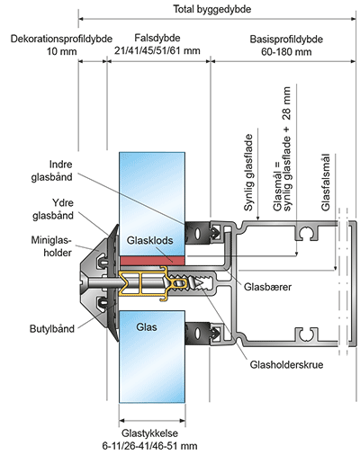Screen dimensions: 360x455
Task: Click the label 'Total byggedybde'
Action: coord(212,9)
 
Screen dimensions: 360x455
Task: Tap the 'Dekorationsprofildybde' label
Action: coord(61,39)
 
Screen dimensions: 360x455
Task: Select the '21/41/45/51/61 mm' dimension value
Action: coord(157,50)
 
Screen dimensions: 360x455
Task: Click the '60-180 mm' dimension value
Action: coord(286,51)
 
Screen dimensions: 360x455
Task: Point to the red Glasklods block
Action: coord(152,261)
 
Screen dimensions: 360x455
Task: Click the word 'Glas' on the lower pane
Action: coord(147,327)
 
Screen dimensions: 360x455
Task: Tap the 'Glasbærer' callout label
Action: coord(267,287)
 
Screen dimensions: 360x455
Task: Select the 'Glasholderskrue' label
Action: coord(286,365)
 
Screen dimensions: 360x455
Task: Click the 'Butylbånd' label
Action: coord(52,329)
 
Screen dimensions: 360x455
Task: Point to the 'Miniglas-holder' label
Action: coord(51,246)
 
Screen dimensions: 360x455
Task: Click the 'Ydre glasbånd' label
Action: coord(53,210)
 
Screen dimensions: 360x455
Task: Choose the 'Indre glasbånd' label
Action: coord(52,171)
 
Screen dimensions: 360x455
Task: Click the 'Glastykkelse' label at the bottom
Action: coord(149,433)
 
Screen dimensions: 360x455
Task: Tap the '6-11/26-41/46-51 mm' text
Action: coord(149,446)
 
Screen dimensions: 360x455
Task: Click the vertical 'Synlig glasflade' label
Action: coord(248,173)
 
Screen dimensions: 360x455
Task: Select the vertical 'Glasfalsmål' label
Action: coord(326,183)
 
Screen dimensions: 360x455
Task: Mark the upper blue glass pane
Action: coord(152,204)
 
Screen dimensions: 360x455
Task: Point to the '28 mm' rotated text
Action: coord(287,103)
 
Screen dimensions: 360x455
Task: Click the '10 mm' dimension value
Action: coord(61,51)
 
